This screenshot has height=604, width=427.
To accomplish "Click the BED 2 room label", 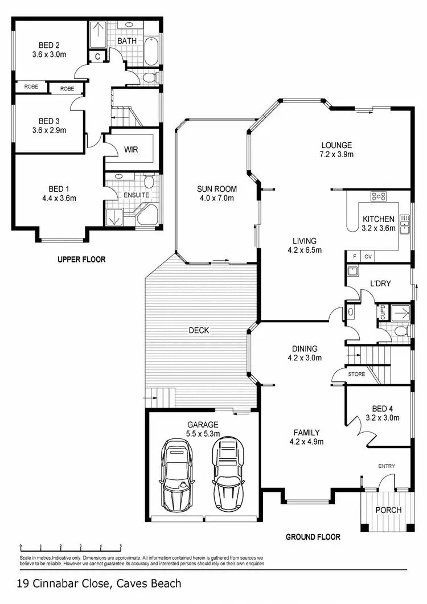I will click(49, 45).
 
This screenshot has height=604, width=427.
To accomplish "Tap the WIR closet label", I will click(132, 150).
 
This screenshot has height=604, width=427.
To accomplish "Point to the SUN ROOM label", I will click(217, 189).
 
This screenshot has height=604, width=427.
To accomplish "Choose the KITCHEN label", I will click(379, 219).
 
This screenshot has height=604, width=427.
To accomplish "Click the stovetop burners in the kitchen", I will click(379, 197).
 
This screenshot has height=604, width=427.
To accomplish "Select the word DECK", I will click(199, 330).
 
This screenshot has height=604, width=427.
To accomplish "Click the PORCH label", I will click(388, 510).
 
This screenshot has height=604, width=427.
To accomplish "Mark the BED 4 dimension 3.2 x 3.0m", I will click(382, 417).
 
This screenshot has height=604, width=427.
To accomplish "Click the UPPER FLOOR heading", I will click(81, 260).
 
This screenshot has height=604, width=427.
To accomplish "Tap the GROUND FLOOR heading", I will click(313, 537).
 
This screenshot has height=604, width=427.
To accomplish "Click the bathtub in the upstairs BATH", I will click(151, 51).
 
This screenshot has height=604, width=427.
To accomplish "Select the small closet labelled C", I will click(97, 56).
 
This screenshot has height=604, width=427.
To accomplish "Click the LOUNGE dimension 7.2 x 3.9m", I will click(336, 154).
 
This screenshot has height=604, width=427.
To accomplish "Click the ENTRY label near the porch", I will click(386, 467).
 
